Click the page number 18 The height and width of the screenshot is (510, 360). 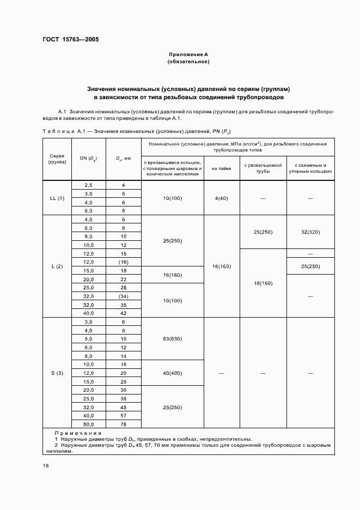tap(45, 465)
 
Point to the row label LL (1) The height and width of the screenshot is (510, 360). tap(57, 198)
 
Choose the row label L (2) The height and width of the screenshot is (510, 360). tap(57, 266)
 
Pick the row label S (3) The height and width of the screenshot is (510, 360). tap(57, 373)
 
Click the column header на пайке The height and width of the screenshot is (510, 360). tap(222, 168)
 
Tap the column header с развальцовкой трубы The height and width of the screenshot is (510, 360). tap(263, 168)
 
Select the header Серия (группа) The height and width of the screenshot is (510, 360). tap(57, 159)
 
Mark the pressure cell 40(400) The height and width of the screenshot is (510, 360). tap(172, 373)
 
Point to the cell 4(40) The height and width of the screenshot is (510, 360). tap(222, 198)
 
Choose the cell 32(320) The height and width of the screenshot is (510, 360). tap(310, 232)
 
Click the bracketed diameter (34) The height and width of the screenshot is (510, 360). tap(124, 296)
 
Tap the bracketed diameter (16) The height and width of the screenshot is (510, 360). tap(124, 262)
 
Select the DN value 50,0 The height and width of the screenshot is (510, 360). tap(88, 424)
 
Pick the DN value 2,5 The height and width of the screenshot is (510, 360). tap(88, 185)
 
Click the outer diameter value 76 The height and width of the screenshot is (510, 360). tap(124, 424)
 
